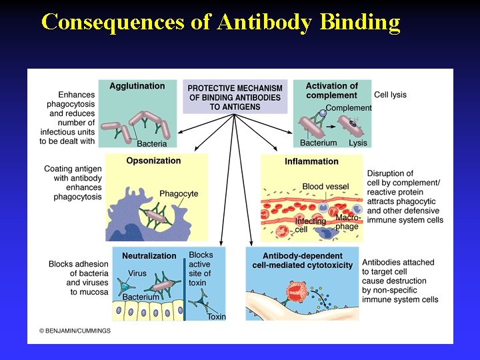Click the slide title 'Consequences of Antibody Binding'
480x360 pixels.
221,22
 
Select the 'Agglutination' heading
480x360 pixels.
137,86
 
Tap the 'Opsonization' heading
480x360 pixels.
153,161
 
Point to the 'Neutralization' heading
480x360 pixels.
149,255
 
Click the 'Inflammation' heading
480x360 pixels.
311,161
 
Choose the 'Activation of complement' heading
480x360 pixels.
331,91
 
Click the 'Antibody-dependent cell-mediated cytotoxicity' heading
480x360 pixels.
302,260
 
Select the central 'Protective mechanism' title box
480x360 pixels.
235,97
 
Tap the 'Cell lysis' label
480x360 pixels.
390,95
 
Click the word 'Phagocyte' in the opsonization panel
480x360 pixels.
179,194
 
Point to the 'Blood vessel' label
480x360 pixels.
322,187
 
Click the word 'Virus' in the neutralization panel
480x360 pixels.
137,273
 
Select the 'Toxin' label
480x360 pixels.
217,317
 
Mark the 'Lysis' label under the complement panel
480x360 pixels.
358,143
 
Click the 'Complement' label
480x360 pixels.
349,108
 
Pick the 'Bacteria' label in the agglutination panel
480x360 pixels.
152,144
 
